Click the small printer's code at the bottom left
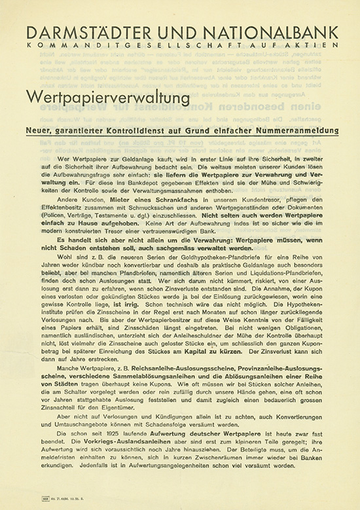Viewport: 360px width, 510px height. [x=47, y=500]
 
